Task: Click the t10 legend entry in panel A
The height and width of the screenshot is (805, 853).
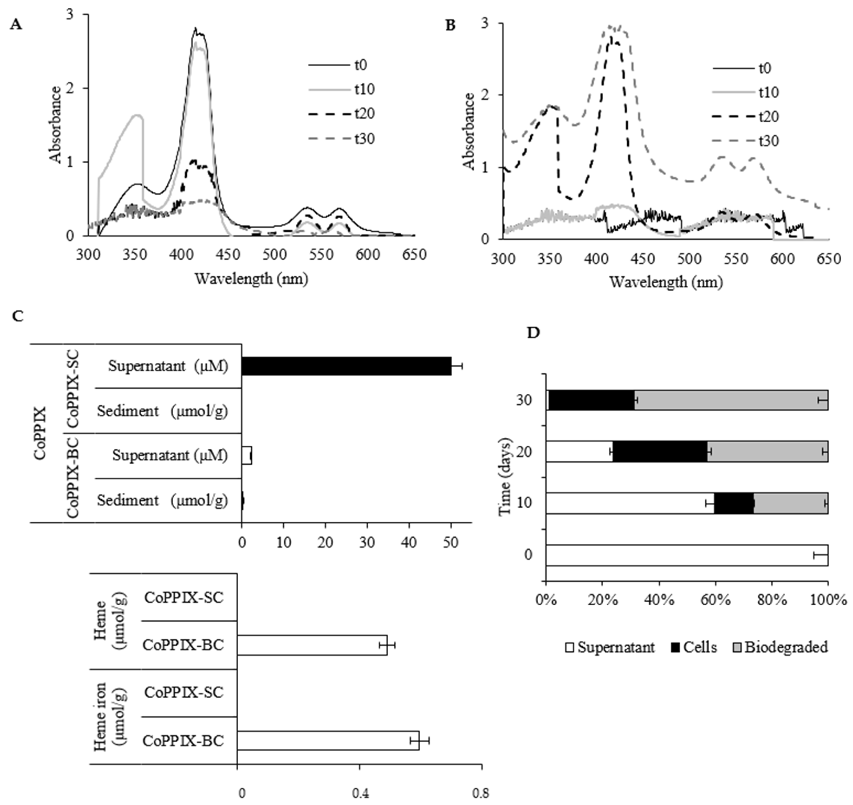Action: [x=364, y=89]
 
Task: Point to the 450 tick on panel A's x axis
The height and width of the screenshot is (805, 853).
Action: [x=228, y=254]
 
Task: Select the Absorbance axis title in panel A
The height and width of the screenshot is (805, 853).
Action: [x=56, y=125]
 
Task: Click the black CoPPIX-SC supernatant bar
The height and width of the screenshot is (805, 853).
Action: [x=346, y=366]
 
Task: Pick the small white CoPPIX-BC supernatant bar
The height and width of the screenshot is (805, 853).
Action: [x=246, y=455]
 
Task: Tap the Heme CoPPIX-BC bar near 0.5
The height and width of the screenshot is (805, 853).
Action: [x=312, y=645]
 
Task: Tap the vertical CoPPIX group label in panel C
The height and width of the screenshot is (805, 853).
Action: [x=40, y=433]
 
